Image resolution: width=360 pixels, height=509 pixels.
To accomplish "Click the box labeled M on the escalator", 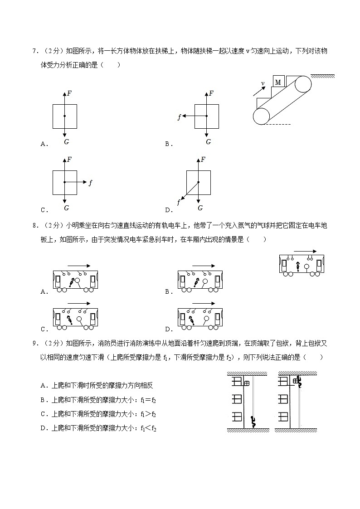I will [x=278, y=82].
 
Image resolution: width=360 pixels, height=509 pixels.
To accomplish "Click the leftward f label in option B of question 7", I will [x=180, y=117].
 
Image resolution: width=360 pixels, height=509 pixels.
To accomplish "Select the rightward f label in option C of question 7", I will [x=91, y=183].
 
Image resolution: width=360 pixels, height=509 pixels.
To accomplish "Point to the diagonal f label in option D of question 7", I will [x=178, y=203].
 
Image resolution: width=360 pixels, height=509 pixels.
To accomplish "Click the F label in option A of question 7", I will [x=69, y=94].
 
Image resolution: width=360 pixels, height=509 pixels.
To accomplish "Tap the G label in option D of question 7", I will [x=200, y=208].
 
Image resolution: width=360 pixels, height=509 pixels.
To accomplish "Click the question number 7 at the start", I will [x=34, y=51].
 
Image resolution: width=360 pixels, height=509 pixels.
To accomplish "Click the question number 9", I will [x=34, y=344].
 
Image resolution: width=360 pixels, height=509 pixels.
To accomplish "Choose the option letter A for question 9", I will [x=43, y=386].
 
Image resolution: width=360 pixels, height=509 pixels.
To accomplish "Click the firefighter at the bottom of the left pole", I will [x=253, y=422].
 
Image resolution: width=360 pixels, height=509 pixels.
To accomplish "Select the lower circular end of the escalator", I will [x=261, y=116].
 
